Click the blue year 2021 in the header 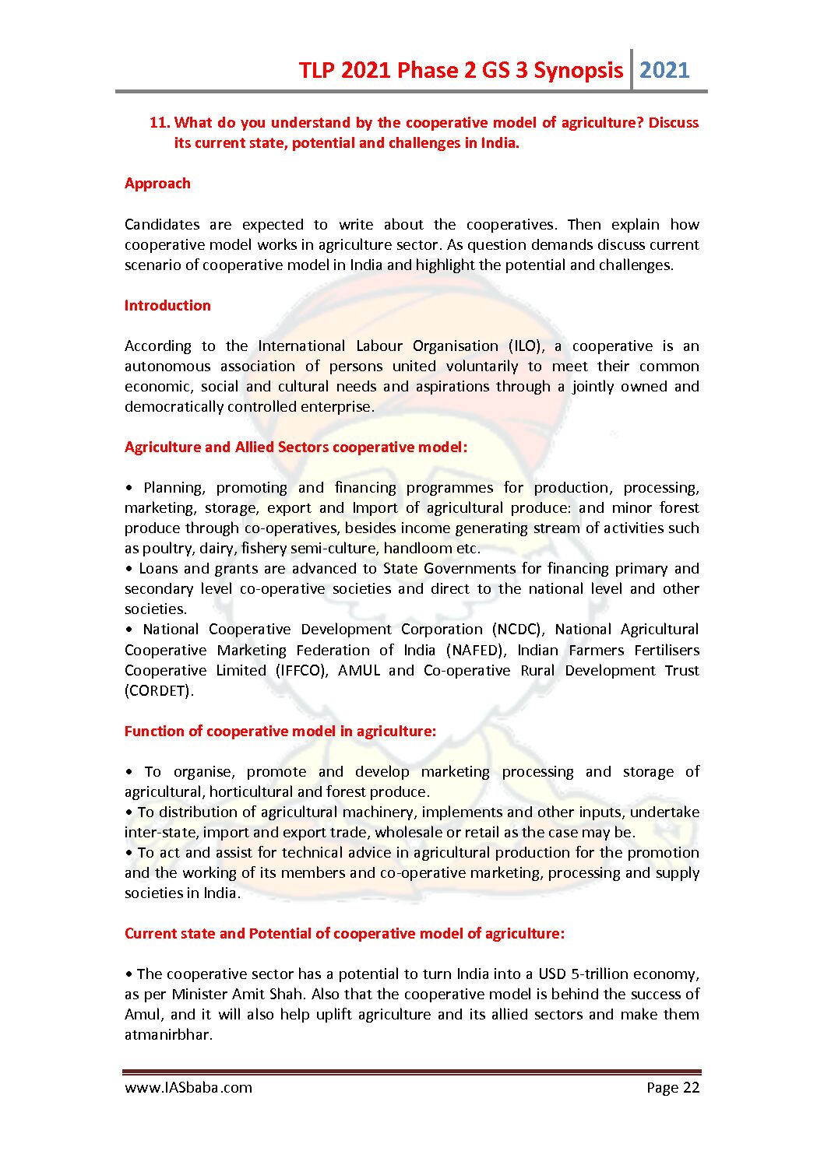pyautogui.click(x=664, y=71)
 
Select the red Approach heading pyautogui.click(x=157, y=184)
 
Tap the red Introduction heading pyautogui.click(x=167, y=306)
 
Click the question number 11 pyautogui.click(x=159, y=123)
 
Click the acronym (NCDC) pyautogui.click(x=518, y=630)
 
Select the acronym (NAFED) pyautogui.click(x=477, y=651)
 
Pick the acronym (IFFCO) pyautogui.click(x=301, y=671)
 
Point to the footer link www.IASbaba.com pyautogui.click(x=188, y=1088)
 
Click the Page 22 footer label pyautogui.click(x=673, y=1088)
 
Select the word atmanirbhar pyautogui.click(x=167, y=1035)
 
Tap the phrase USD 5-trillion pyautogui.click(x=583, y=974)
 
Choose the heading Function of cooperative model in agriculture pyautogui.click(x=280, y=732)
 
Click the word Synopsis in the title pyautogui.click(x=578, y=71)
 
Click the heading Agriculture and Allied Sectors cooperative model pyautogui.click(x=296, y=447)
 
